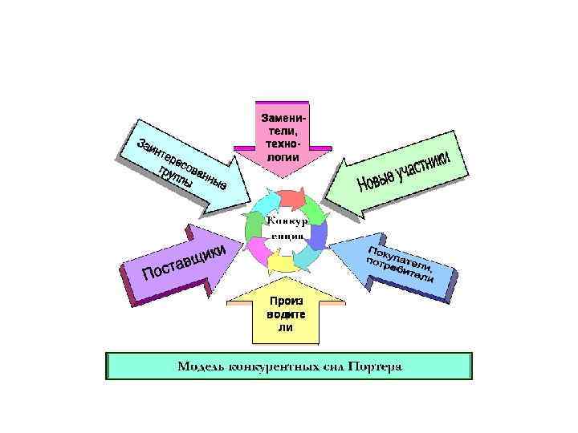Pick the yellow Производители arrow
click(x=285, y=313)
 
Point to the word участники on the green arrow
click(x=426, y=165)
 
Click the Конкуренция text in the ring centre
click(x=286, y=227)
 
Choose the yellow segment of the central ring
click(x=282, y=260)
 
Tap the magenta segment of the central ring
click(x=259, y=250)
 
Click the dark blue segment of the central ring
click(x=318, y=234)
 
